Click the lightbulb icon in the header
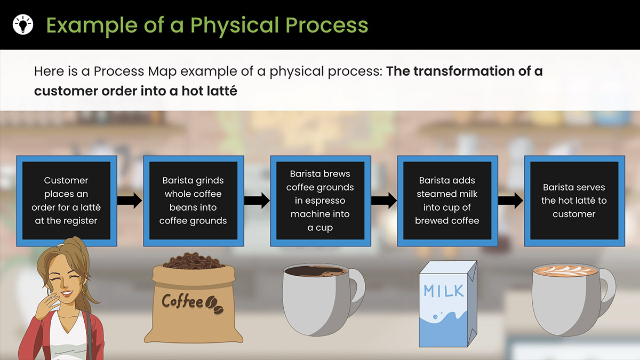23,25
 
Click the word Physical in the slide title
235,26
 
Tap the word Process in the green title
326,25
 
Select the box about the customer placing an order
67,201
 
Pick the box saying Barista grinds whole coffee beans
194,201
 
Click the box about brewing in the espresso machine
321,201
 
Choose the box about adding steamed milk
447,201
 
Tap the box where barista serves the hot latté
574,201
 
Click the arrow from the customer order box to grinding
130,201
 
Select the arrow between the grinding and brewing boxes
257,201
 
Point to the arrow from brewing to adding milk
383,201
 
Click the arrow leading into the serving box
511,201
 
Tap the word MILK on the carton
443,291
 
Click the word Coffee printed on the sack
182,301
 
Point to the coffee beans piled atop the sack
193,261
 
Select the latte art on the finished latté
566,270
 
